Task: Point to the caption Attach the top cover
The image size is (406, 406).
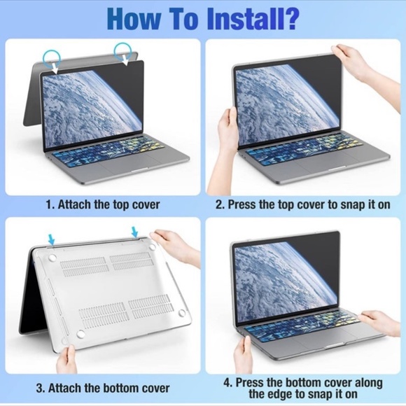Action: [x=103, y=205]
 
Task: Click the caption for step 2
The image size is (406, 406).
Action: [x=302, y=205]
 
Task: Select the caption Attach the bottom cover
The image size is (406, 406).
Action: [x=103, y=387]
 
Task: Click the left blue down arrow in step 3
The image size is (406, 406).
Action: [x=51, y=239]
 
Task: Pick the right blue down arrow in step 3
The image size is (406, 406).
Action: [x=134, y=232]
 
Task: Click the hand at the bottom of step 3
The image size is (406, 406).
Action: [x=66, y=358]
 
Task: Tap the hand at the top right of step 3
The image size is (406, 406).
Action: [x=171, y=244]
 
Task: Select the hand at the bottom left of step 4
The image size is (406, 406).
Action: [x=244, y=354]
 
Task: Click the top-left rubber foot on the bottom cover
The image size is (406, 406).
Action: [x=50, y=258]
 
